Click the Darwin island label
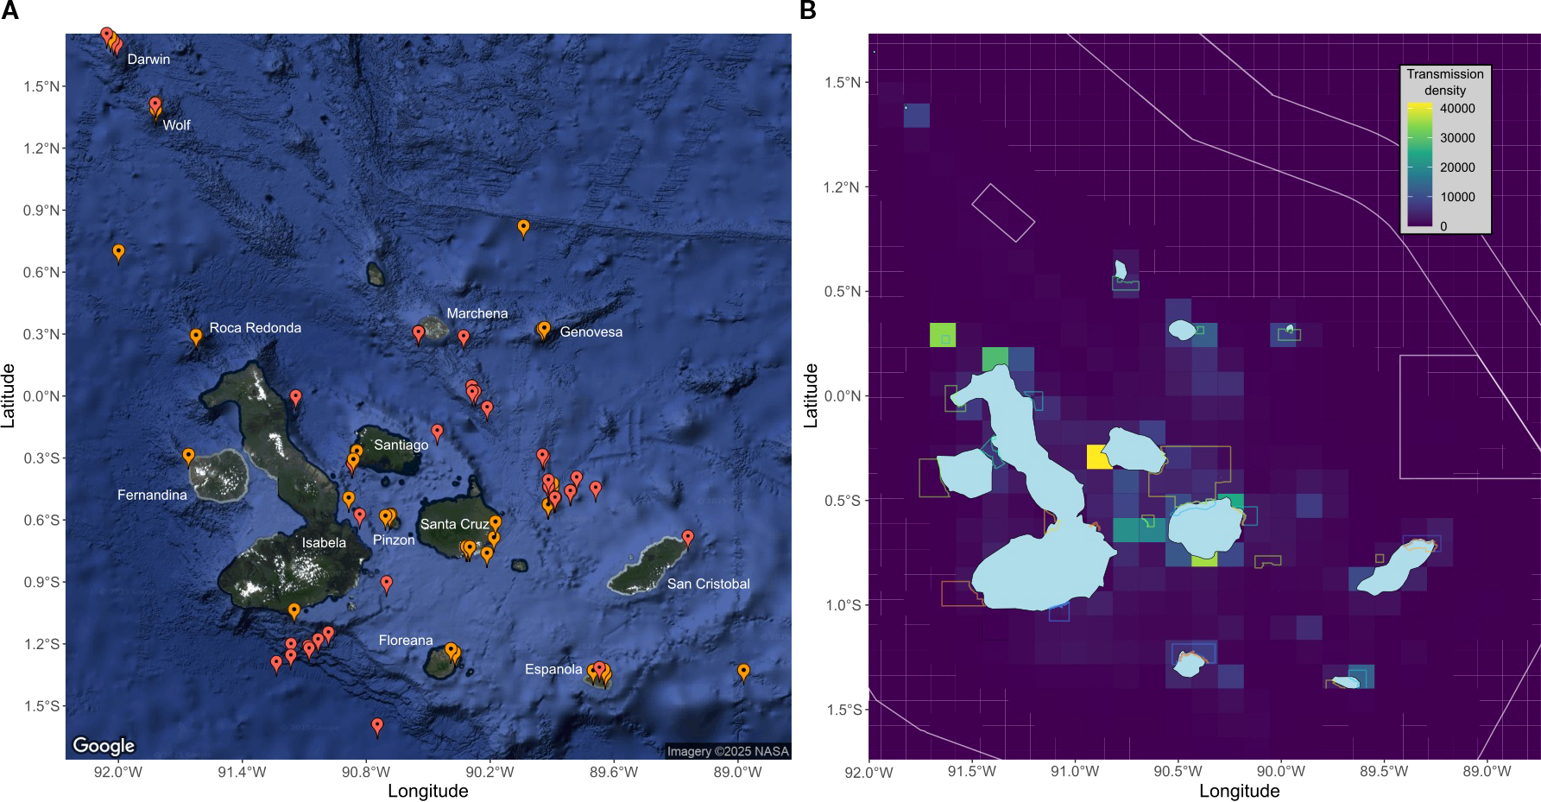coord(148,60)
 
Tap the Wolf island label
coord(176,125)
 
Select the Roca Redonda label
coord(255,328)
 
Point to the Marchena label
coord(477,313)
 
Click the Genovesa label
coord(591,332)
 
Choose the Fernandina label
coord(152,495)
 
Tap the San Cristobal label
coord(708,584)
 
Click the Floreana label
coord(406,641)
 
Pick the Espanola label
coord(553,669)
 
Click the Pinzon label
coord(394,540)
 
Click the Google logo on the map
coord(104,745)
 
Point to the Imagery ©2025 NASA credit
coord(728,751)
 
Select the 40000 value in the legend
coord(1457,109)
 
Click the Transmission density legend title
coord(1445,82)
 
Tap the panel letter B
coord(808,10)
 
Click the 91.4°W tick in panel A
coord(242,772)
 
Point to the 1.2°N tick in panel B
coord(842,187)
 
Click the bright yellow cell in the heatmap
coord(1099,457)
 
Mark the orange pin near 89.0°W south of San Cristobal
coord(743,671)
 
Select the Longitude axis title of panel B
coord(1239,791)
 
